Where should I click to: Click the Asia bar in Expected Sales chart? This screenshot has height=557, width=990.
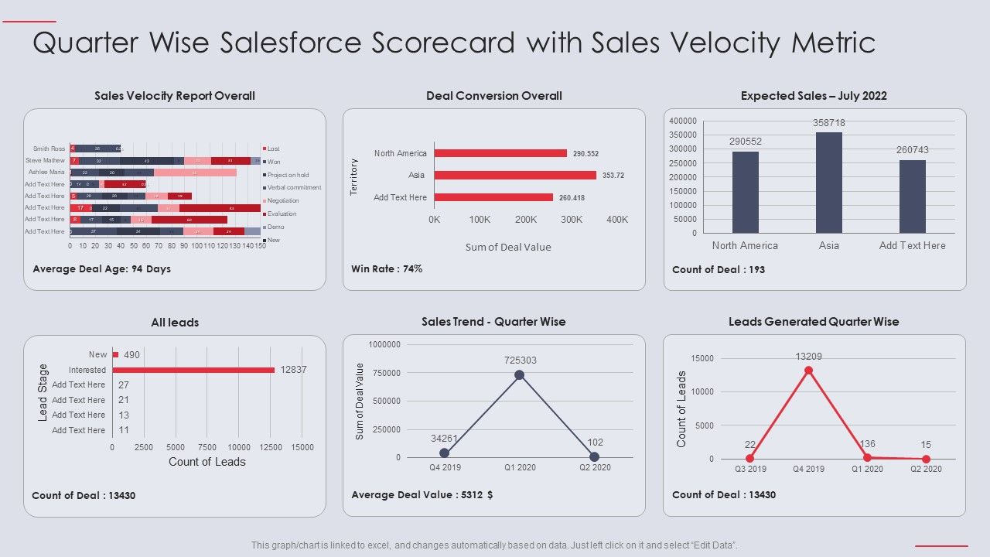828,183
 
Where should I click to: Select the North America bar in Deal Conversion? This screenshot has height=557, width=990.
500,153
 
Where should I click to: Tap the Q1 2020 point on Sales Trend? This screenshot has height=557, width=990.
519,375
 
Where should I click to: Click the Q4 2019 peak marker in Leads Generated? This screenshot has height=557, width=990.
808,371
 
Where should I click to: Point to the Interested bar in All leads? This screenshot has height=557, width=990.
193,370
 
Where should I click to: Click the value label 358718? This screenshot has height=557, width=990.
828,123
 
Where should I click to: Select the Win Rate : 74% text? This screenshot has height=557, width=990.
387,269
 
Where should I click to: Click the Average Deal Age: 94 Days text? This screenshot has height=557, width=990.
102,269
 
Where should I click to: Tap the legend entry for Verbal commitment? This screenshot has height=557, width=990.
294,187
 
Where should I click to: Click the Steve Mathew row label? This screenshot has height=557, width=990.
45,160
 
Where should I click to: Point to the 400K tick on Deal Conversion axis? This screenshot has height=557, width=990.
617,220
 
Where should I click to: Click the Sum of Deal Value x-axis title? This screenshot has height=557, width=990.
508,247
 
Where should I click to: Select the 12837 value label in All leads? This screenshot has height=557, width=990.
294,370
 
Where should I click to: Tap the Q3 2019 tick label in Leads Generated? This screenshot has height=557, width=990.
749,469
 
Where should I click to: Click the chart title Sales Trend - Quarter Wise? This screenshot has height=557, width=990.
493,322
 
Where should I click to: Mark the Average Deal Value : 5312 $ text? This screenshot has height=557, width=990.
422,494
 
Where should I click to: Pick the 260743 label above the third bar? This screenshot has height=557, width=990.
913,150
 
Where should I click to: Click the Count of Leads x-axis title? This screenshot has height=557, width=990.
207,462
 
